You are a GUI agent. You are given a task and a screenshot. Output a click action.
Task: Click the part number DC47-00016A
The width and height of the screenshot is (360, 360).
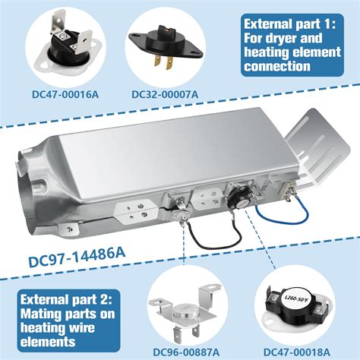65,95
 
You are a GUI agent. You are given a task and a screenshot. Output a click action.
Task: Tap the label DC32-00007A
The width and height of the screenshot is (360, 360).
165,94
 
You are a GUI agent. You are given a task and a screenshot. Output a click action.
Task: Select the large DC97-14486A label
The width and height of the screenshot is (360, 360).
77,257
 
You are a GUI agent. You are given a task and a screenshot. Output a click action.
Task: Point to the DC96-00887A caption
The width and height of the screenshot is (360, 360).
186,352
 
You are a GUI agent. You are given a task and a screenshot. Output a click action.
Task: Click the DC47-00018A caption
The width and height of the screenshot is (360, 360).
297,352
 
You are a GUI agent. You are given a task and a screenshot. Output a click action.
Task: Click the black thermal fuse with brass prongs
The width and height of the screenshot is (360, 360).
166,46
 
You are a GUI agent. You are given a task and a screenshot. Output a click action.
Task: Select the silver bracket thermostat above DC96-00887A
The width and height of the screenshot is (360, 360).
186,314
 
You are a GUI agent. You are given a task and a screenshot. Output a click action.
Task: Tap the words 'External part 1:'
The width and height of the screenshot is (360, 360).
290,24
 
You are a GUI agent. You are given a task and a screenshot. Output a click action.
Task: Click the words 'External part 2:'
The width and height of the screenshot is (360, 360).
66,300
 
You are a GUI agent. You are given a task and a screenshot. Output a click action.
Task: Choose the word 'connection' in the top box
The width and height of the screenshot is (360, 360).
277,66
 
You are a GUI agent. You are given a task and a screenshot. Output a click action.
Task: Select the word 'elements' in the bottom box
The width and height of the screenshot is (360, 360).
48,342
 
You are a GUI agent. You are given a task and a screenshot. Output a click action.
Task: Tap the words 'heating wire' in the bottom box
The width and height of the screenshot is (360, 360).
58,328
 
